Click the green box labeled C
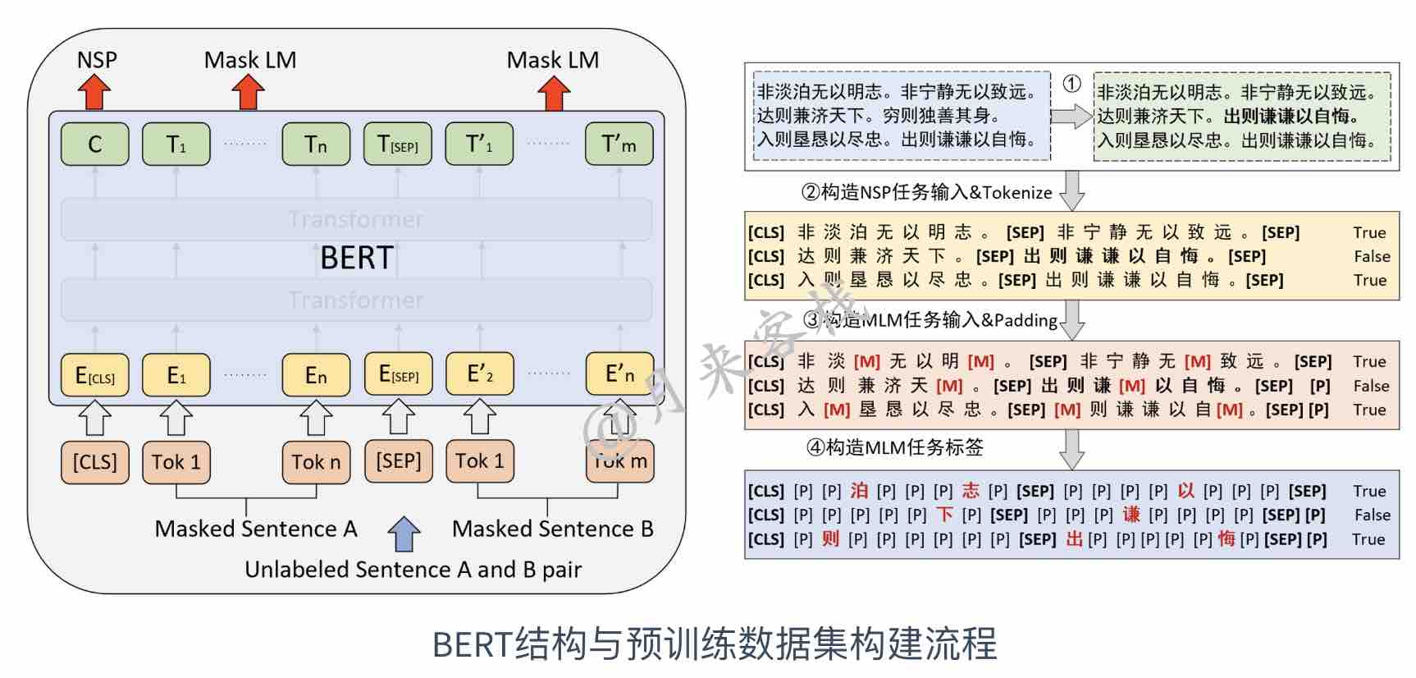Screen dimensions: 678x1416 [x=94, y=144]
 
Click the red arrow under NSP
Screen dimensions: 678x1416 [x=94, y=91]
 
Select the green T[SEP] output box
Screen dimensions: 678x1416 [x=397, y=144]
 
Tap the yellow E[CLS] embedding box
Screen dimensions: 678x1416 [x=94, y=375]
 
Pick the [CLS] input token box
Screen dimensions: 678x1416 [x=94, y=462]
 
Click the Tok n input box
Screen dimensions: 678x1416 [x=316, y=462]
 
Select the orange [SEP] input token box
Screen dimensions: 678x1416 [x=398, y=461]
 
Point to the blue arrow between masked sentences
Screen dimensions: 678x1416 [x=404, y=534]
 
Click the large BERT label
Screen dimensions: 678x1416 [x=357, y=258]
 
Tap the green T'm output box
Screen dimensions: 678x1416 [x=619, y=144]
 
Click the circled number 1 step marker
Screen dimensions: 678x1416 [x=1071, y=84]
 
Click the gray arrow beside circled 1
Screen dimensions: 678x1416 [x=1071, y=116]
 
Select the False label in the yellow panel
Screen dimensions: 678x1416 [x=1372, y=256]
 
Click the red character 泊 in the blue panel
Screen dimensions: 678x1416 [x=859, y=491]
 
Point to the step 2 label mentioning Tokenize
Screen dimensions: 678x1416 [x=926, y=193]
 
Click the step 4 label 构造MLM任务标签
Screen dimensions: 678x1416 [x=895, y=447]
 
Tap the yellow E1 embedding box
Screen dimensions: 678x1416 [x=176, y=375]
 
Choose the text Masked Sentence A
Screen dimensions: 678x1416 [x=256, y=529]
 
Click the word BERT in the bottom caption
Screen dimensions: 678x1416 [x=472, y=644]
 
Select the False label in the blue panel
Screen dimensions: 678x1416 [x=1372, y=515]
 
